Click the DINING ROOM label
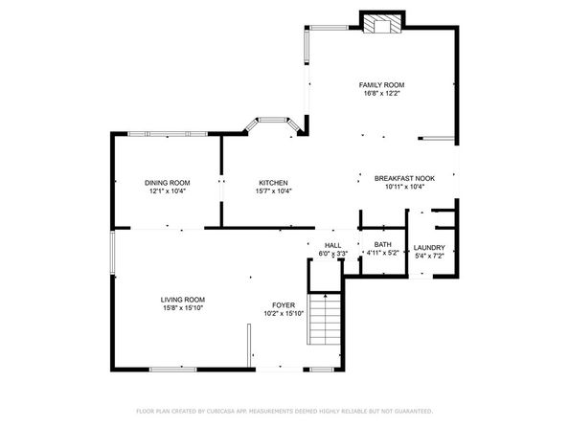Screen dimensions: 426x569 pyautogui.click(x=167, y=183)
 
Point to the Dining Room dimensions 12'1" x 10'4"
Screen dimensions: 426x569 pyautogui.click(x=167, y=191)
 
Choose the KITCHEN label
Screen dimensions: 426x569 pyautogui.click(x=273, y=183)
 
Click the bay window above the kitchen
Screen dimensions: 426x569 pyautogui.click(x=273, y=125)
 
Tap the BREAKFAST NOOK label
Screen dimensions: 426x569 pyautogui.click(x=403, y=178)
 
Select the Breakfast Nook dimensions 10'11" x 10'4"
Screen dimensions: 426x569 pyautogui.click(x=403, y=188)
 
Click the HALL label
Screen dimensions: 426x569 pyautogui.click(x=332, y=245)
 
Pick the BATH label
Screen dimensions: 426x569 pyautogui.click(x=382, y=245)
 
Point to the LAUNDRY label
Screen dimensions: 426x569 pyautogui.click(x=429, y=247)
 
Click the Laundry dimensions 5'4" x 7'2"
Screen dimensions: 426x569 pyautogui.click(x=429, y=256)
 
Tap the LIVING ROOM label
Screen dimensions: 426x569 pyautogui.click(x=182, y=299)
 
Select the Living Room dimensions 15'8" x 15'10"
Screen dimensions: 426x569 pyautogui.click(x=182, y=307)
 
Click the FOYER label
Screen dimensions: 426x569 pyautogui.click(x=283, y=304)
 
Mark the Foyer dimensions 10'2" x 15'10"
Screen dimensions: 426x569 pyautogui.click(x=283, y=314)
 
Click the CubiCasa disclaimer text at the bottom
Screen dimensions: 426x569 pyautogui.click(x=284, y=410)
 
